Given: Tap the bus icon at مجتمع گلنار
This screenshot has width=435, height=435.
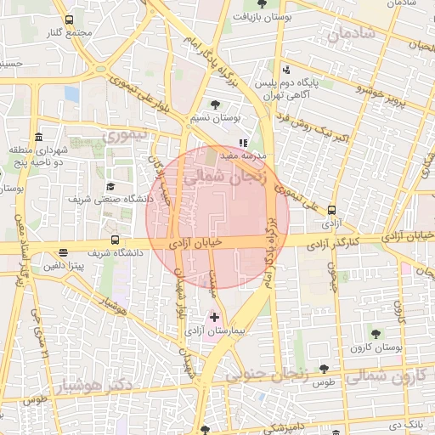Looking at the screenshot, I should pyautogui.click(x=69, y=20).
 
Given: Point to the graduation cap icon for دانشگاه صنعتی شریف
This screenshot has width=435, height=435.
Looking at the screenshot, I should pyautogui.click(x=111, y=187).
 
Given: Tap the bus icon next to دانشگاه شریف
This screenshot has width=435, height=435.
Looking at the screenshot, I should pyautogui.click(x=116, y=240).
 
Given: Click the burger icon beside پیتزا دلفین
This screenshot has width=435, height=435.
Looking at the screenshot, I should pyautogui.click(x=64, y=252).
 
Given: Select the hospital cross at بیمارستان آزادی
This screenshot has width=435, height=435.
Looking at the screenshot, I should pyautogui.click(x=214, y=317).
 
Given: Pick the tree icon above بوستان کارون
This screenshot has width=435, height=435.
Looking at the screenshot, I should pyautogui.click(x=376, y=332).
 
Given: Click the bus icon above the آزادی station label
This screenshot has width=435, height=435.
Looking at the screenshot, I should pyautogui.click(x=331, y=210).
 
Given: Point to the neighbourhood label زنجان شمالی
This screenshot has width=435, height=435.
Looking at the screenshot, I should pyautogui.click(x=225, y=174).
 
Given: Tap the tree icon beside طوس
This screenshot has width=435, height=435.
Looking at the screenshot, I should pyautogui.click(x=324, y=369).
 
